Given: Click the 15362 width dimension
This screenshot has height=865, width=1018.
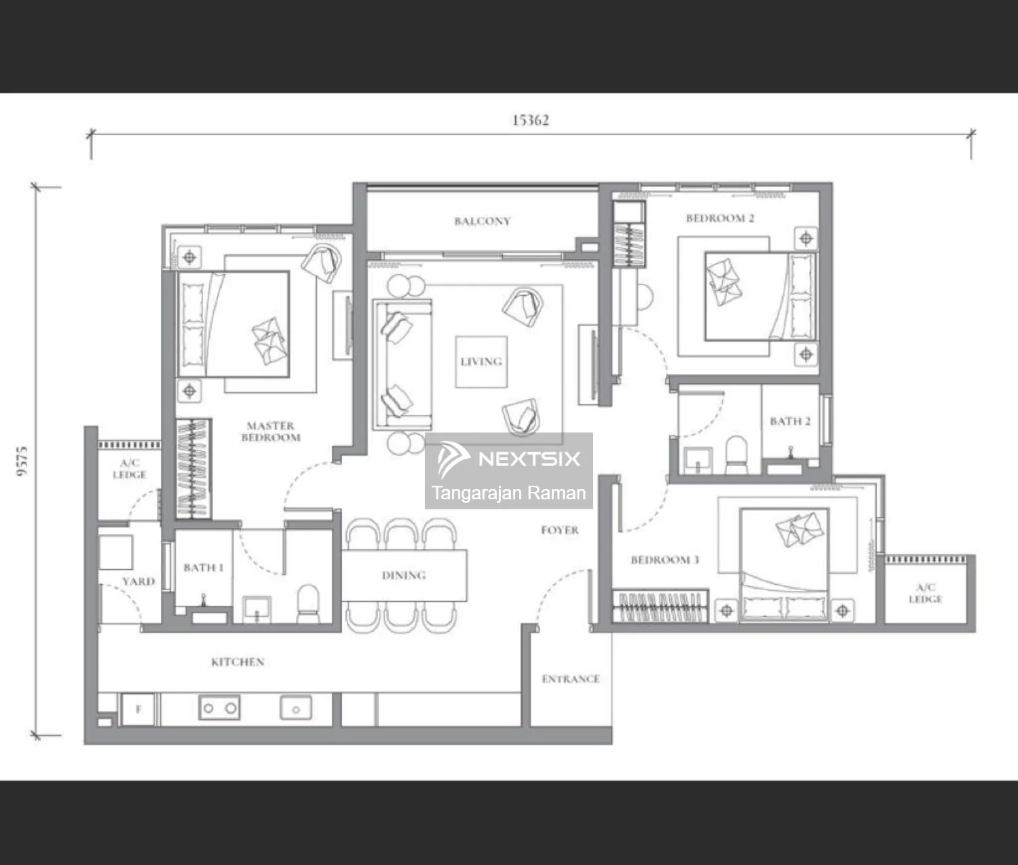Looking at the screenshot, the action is [x=531, y=120].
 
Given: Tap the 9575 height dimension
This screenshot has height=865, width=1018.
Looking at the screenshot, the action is [x=22, y=461].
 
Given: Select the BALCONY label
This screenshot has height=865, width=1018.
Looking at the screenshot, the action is [x=482, y=221].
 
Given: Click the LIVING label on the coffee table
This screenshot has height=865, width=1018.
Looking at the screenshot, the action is [x=481, y=362].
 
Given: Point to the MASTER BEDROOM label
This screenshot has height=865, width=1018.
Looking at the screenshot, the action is [x=270, y=431].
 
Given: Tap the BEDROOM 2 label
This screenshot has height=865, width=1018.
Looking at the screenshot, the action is [x=720, y=218].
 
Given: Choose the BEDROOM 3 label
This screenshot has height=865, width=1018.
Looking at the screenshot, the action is [x=665, y=560].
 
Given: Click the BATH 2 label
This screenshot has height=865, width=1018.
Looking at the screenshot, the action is [x=790, y=421].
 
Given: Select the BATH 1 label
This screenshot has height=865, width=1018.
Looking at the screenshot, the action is [x=204, y=568].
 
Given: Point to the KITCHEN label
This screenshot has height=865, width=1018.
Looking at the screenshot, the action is [x=238, y=662].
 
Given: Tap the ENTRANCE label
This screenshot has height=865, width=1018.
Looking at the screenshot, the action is [x=571, y=679].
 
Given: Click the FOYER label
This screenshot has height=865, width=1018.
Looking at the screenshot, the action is [x=560, y=531].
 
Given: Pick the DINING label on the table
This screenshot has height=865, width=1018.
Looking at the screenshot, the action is [x=404, y=575].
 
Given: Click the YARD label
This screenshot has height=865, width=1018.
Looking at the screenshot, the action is [x=138, y=581].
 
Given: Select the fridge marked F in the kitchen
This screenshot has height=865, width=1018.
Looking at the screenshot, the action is [x=138, y=710].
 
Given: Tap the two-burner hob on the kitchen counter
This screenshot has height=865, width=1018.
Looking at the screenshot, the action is [x=219, y=708].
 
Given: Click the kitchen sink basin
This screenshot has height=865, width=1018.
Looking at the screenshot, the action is [x=295, y=708].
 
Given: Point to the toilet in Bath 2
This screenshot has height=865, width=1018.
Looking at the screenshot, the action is [x=737, y=455].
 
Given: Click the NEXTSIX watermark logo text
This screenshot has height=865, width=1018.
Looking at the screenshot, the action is [x=529, y=459].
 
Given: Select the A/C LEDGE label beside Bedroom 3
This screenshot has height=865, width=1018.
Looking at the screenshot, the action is [x=926, y=593].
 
